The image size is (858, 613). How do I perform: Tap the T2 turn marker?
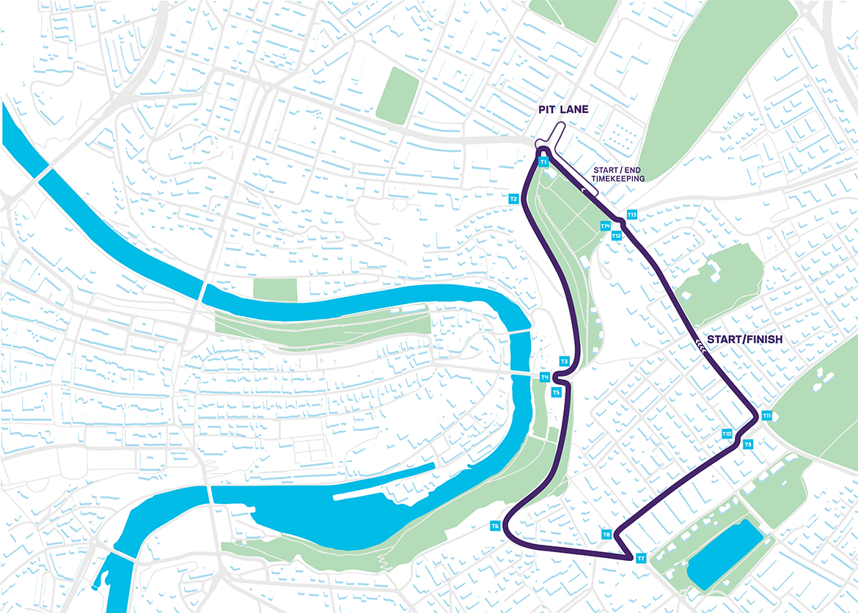point(514,199)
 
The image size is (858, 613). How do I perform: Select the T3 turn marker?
point(565,361)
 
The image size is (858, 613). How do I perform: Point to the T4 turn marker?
point(545,377)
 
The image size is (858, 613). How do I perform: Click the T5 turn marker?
point(556,392)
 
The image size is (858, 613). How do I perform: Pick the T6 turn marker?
point(496,526)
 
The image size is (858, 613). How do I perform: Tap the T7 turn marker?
point(641,559)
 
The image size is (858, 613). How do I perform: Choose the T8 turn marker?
point(606,535)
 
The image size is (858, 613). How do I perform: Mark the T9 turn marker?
point(748,444)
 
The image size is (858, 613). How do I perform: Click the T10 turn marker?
point(727,434)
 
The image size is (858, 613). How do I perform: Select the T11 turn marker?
point(766,416)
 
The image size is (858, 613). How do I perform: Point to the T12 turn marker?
point(617,235)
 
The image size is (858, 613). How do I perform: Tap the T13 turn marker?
point(632,215)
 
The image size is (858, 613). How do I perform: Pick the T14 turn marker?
point(606,226)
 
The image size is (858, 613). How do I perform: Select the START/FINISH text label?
point(744,340)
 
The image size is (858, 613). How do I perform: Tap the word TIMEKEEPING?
point(618,178)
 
